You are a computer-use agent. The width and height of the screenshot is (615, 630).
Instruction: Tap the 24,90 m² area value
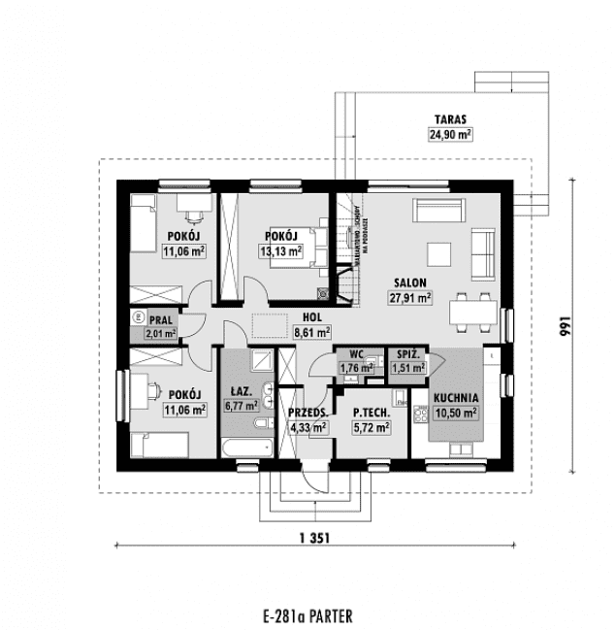click(x=448, y=136)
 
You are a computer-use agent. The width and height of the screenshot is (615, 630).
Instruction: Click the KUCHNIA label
click(x=455, y=398)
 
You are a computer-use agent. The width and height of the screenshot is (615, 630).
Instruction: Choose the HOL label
click(x=312, y=316)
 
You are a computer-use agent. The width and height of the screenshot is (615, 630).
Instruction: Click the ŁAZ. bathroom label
click(x=240, y=392)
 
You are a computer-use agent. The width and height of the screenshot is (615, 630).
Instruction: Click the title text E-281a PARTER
click(x=307, y=615)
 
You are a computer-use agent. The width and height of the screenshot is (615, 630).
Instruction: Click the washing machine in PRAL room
click(x=139, y=317)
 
